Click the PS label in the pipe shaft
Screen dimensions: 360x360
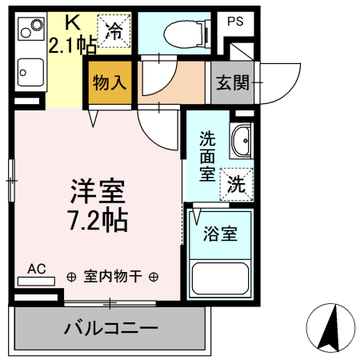234,22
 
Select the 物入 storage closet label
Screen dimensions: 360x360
110,82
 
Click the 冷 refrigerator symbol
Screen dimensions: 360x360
115,31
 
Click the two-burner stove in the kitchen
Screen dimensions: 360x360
31,31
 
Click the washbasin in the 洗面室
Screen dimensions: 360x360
240,142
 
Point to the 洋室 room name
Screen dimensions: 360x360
99,191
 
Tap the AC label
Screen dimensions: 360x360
37,269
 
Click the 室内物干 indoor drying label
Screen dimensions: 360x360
113,277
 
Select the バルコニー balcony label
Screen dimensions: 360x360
111,328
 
